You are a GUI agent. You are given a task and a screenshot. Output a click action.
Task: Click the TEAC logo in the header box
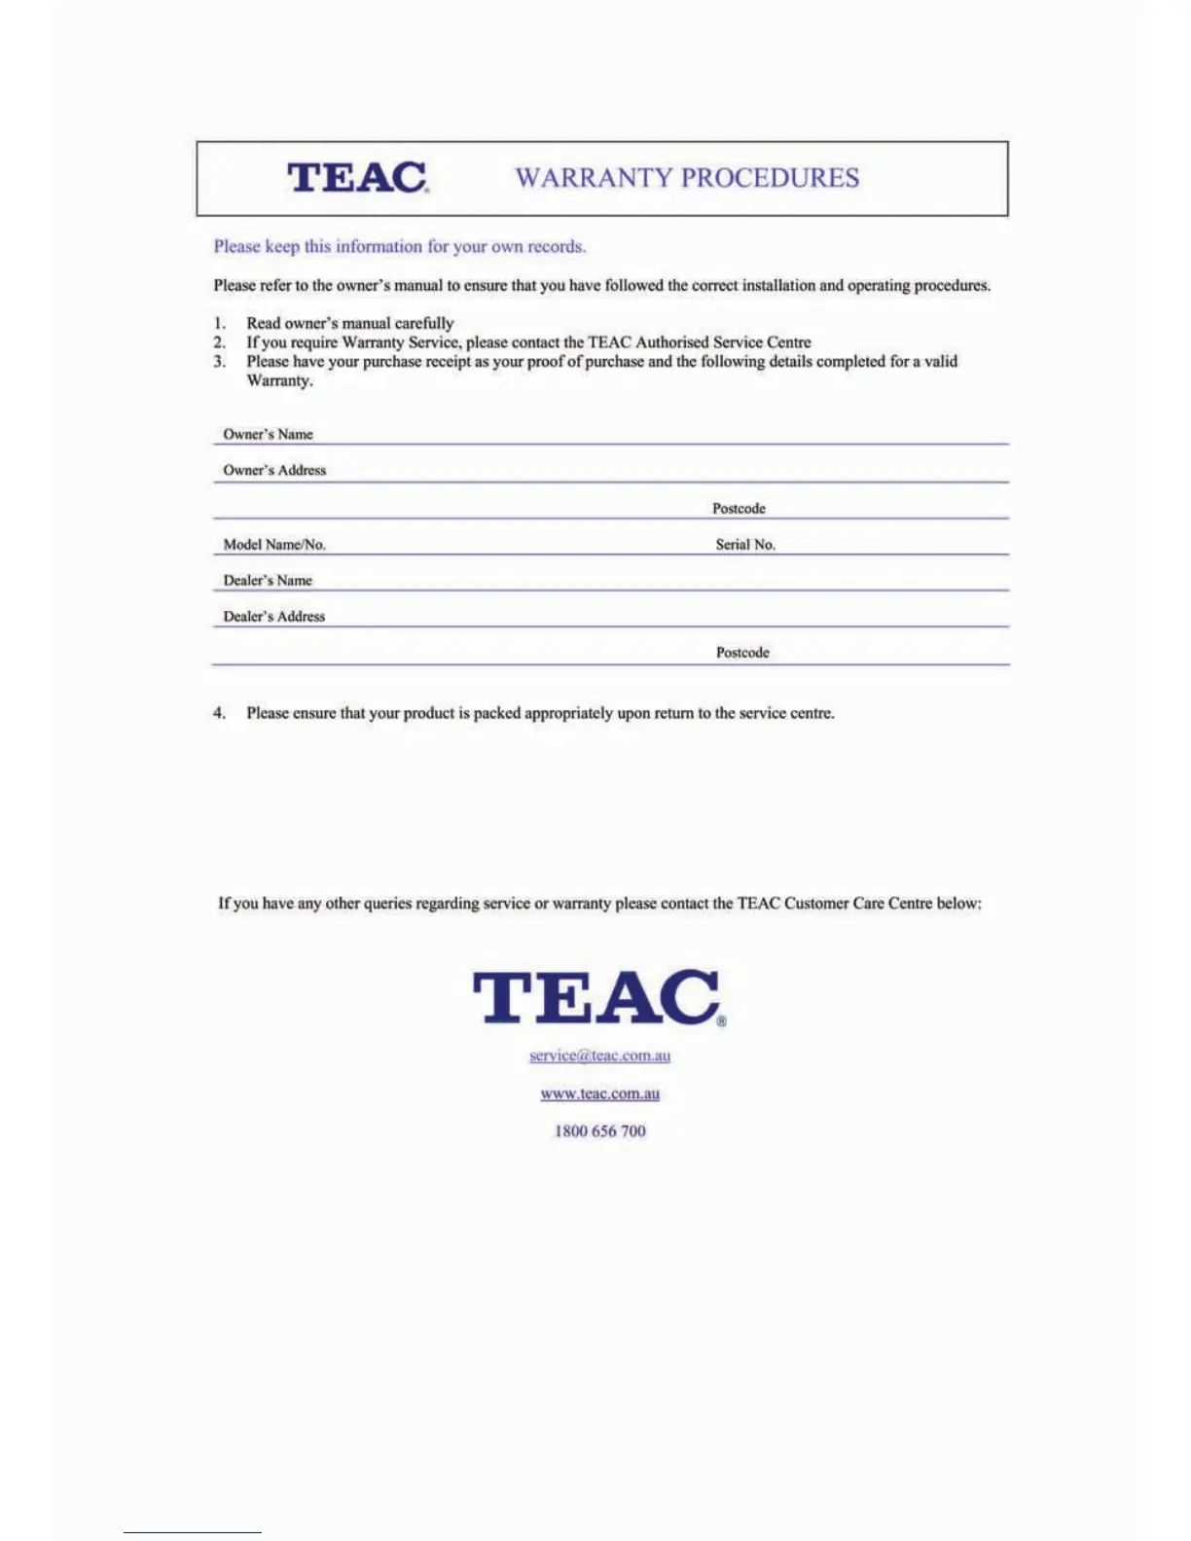tap(357, 177)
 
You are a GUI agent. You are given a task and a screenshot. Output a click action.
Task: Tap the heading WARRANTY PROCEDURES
tap(687, 178)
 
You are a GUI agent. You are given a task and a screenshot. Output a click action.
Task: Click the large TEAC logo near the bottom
tap(598, 997)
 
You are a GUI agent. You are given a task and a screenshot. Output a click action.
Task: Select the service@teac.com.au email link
tap(599, 1056)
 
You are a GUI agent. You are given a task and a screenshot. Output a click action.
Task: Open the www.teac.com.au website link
tap(599, 1093)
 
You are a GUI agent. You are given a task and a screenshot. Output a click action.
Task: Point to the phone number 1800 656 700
tap(599, 1130)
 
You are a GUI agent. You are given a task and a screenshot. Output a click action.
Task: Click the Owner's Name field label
tap(268, 434)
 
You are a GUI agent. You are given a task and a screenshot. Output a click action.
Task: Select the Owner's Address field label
tap(274, 470)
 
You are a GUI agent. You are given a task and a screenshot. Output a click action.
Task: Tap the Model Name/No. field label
tap(274, 545)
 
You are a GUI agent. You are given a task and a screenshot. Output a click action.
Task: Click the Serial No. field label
tap(745, 545)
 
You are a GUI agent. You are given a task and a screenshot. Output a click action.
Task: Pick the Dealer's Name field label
tap(268, 581)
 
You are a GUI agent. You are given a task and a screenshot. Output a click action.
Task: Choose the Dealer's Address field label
tap(274, 617)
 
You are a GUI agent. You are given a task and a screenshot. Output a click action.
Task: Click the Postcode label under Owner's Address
tap(739, 509)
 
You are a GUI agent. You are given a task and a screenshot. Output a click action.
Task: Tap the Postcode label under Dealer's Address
tap(742, 653)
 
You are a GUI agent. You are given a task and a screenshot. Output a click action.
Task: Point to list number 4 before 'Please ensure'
tap(219, 713)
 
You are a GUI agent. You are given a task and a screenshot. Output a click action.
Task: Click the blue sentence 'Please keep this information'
tap(399, 247)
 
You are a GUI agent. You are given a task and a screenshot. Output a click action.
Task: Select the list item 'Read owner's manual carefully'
tap(350, 323)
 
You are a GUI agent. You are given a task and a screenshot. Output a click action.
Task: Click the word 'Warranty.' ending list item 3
tap(279, 380)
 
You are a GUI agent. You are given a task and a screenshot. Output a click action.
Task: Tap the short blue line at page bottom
tap(193, 1532)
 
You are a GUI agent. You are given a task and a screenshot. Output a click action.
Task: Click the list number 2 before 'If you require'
tap(220, 342)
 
